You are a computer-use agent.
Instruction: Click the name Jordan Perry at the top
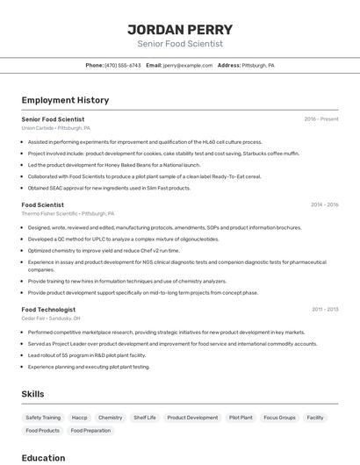[180, 28]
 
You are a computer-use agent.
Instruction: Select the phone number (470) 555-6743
[122, 65]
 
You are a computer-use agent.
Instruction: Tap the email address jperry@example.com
[188, 65]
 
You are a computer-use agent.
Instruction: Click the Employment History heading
[65, 100]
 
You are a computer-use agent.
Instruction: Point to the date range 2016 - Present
[320, 118]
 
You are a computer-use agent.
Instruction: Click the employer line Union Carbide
[55, 128]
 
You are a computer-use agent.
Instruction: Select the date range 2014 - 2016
[324, 204]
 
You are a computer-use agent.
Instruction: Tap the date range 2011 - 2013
[325, 309]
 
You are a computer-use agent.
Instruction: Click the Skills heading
[32, 394]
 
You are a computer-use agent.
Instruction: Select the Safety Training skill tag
[43, 418]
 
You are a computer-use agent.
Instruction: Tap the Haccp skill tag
[79, 418]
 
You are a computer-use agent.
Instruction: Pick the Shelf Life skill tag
[145, 418]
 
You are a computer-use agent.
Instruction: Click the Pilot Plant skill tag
[241, 418]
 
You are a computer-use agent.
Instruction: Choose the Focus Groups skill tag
[279, 418]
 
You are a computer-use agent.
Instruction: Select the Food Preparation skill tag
[90, 431]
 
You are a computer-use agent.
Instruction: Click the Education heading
[43, 457]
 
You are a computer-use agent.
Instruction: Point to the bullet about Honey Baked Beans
[114, 164]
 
